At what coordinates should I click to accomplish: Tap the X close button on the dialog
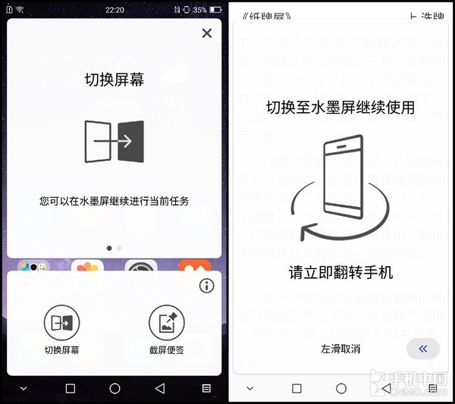(206, 33)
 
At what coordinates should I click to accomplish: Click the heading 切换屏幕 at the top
(115, 78)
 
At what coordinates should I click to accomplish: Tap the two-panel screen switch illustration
(115, 141)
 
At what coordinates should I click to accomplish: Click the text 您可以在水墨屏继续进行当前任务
(115, 202)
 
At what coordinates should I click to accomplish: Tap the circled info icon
(207, 286)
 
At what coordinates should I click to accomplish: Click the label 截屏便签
(167, 350)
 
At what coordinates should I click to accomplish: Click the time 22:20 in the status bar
(115, 9)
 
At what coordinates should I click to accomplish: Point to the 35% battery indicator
(199, 9)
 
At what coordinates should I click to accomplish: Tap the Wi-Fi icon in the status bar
(19, 9)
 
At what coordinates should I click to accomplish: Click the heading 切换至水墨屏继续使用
(340, 108)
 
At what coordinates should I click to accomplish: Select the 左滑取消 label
(340, 349)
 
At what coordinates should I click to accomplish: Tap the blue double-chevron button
(422, 349)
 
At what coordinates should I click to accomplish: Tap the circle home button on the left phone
(115, 388)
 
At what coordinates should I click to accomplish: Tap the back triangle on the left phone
(159, 388)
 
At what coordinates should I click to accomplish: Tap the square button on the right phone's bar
(297, 388)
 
